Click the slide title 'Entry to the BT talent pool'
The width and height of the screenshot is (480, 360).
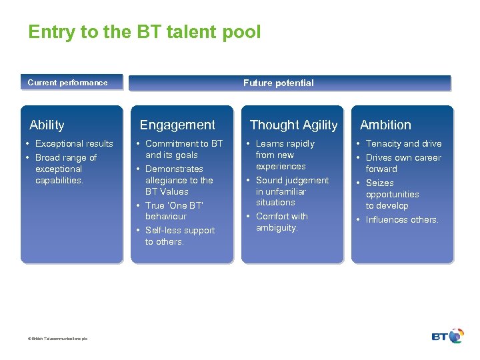coord(145,32)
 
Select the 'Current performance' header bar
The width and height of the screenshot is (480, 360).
coord(71,83)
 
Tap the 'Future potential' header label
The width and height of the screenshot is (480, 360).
coord(278,83)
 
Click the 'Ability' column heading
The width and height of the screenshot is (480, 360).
coord(47,125)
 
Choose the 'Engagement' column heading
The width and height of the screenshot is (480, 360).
coord(177,125)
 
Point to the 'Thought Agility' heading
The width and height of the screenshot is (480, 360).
coord(293,125)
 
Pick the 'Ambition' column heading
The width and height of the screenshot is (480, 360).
coord(385,125)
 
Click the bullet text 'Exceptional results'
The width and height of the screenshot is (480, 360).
coord(74,143)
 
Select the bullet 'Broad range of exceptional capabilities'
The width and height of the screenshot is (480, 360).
coord(65,169)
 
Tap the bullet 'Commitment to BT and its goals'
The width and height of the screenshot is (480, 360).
coord(183,149)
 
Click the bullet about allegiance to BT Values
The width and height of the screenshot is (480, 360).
coord(179,180)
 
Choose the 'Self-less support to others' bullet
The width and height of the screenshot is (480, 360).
coord(179,235)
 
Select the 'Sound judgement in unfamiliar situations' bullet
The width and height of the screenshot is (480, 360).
coord(291,191)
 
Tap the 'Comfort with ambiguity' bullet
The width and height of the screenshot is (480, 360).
coord(281,222)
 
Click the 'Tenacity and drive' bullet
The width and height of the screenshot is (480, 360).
coord(403,143)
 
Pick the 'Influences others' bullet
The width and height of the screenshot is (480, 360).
coord(402,219)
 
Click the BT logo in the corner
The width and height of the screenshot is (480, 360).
coord(447,336)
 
